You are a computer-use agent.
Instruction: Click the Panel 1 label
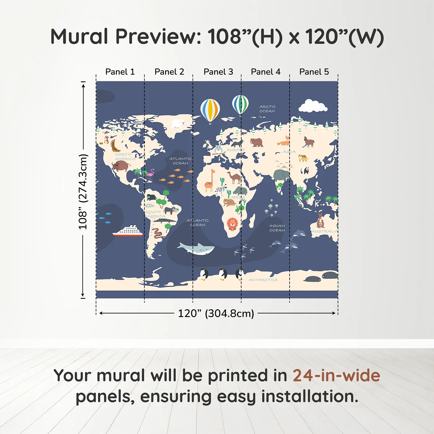120,72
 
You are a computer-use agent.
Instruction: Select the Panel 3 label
218,72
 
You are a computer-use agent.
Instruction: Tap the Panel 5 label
314,72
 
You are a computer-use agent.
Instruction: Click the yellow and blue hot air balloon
210,110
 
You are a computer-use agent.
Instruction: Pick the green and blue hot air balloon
240,105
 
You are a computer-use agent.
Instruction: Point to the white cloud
312,106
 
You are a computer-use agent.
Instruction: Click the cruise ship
128,231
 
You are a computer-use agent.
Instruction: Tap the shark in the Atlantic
196,248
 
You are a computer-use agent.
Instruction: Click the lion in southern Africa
232,224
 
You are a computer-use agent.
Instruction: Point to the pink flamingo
151,175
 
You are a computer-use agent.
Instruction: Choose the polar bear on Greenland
178,123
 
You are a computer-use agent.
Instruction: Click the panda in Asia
305,170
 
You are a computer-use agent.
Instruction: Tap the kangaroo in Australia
320,220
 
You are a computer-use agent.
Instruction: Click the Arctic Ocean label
267,109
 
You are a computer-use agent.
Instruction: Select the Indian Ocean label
277,228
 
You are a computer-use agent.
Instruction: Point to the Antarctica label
263,280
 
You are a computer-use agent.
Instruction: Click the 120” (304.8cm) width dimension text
216,313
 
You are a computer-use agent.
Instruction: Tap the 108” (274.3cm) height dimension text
83,192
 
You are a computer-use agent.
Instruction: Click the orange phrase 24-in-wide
336,375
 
